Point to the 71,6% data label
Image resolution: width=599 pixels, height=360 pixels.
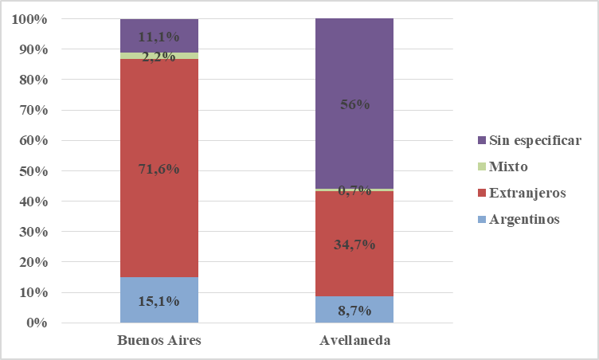(159, 170)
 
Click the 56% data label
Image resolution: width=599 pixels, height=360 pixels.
(354, 105)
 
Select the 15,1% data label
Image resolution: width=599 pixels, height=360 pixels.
(159, 301)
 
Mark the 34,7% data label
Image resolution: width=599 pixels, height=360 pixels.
(354, 244)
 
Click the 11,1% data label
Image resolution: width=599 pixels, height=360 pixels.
(159, 36)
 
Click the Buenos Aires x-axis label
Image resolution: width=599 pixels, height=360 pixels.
(159, 341)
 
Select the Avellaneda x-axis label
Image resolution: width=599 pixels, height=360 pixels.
(354, 341)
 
